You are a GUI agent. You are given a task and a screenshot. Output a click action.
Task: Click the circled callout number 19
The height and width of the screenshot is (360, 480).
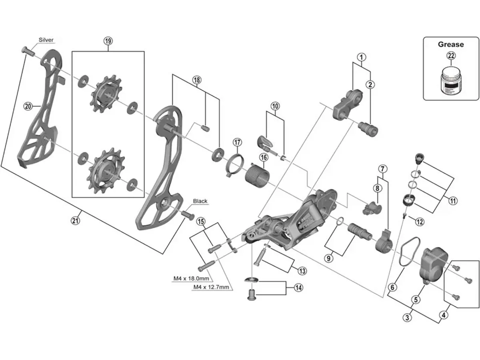click(108, 40)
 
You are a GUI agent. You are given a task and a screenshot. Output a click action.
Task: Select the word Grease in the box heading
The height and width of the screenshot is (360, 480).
click(451, 44)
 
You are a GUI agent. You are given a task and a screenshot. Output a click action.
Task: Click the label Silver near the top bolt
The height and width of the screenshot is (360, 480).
click(46, 40)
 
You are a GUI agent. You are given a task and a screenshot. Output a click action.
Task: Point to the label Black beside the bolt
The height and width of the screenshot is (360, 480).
click(200, 201)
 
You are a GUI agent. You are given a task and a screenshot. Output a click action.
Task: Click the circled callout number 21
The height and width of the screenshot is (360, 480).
click(76, 220)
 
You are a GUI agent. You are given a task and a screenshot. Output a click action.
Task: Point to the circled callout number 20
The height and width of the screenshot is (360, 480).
click(28, 106)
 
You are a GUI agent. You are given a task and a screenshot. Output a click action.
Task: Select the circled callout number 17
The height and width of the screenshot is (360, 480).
click(238, 142)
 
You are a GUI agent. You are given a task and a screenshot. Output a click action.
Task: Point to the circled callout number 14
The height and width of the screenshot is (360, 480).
click(298, 287)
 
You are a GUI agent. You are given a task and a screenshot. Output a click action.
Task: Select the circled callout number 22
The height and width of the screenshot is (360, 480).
click(451, 56)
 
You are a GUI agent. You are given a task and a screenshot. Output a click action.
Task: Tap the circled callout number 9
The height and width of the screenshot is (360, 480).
click(329, 258)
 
